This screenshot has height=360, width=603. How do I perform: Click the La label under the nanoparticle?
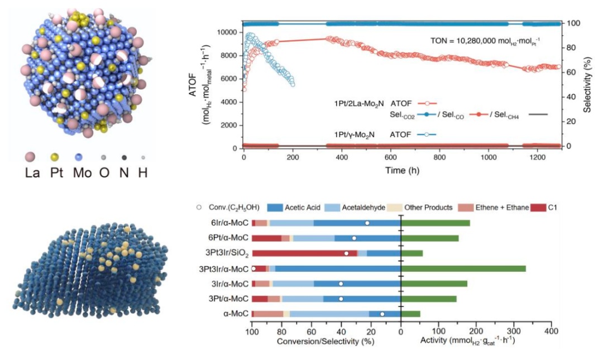pyautogui.click(x=33, y=173)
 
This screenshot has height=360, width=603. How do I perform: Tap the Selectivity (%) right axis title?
pyautogui.click(x=587, y=84)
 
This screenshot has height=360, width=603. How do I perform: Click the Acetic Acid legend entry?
pyautogui.click(x=303, y=208)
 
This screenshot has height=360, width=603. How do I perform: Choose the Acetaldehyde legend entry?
pyautogui.click(x=363, y=208)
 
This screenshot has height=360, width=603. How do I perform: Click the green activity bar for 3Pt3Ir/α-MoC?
pyautogui.click(x=463, y=268)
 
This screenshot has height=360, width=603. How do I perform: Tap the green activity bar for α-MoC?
pyautogui.click(x=410, y=314)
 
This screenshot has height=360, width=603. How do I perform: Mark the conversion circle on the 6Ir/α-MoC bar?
pyautogui.click(x=367, y=223)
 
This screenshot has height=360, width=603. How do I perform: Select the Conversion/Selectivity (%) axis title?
pyautogui.click(x=326, y=340)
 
